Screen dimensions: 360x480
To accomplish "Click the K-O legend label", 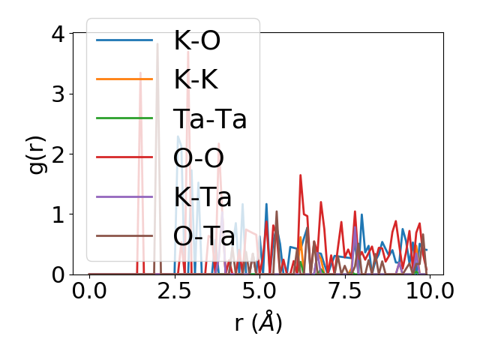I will [x=196, y=40].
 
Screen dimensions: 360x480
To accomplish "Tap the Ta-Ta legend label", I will [x=210, y=118].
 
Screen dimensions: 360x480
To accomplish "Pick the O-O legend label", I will [x=199, y=157].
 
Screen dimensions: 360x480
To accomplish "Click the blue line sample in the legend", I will [x=125, y=40].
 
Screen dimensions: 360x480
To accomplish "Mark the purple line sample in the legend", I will [x=125, y=196].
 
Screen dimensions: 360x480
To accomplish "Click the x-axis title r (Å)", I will [x=258, y=322].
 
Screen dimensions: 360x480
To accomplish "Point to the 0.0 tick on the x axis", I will [x=89, y=291].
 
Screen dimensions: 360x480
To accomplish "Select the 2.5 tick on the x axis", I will [x=174, y=291].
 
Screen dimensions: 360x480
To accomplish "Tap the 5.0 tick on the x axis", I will [x=259, y=291].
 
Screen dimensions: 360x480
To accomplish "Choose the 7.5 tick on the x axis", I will [x=344, y=291].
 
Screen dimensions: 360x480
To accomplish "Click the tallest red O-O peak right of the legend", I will [x=300, y=175].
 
